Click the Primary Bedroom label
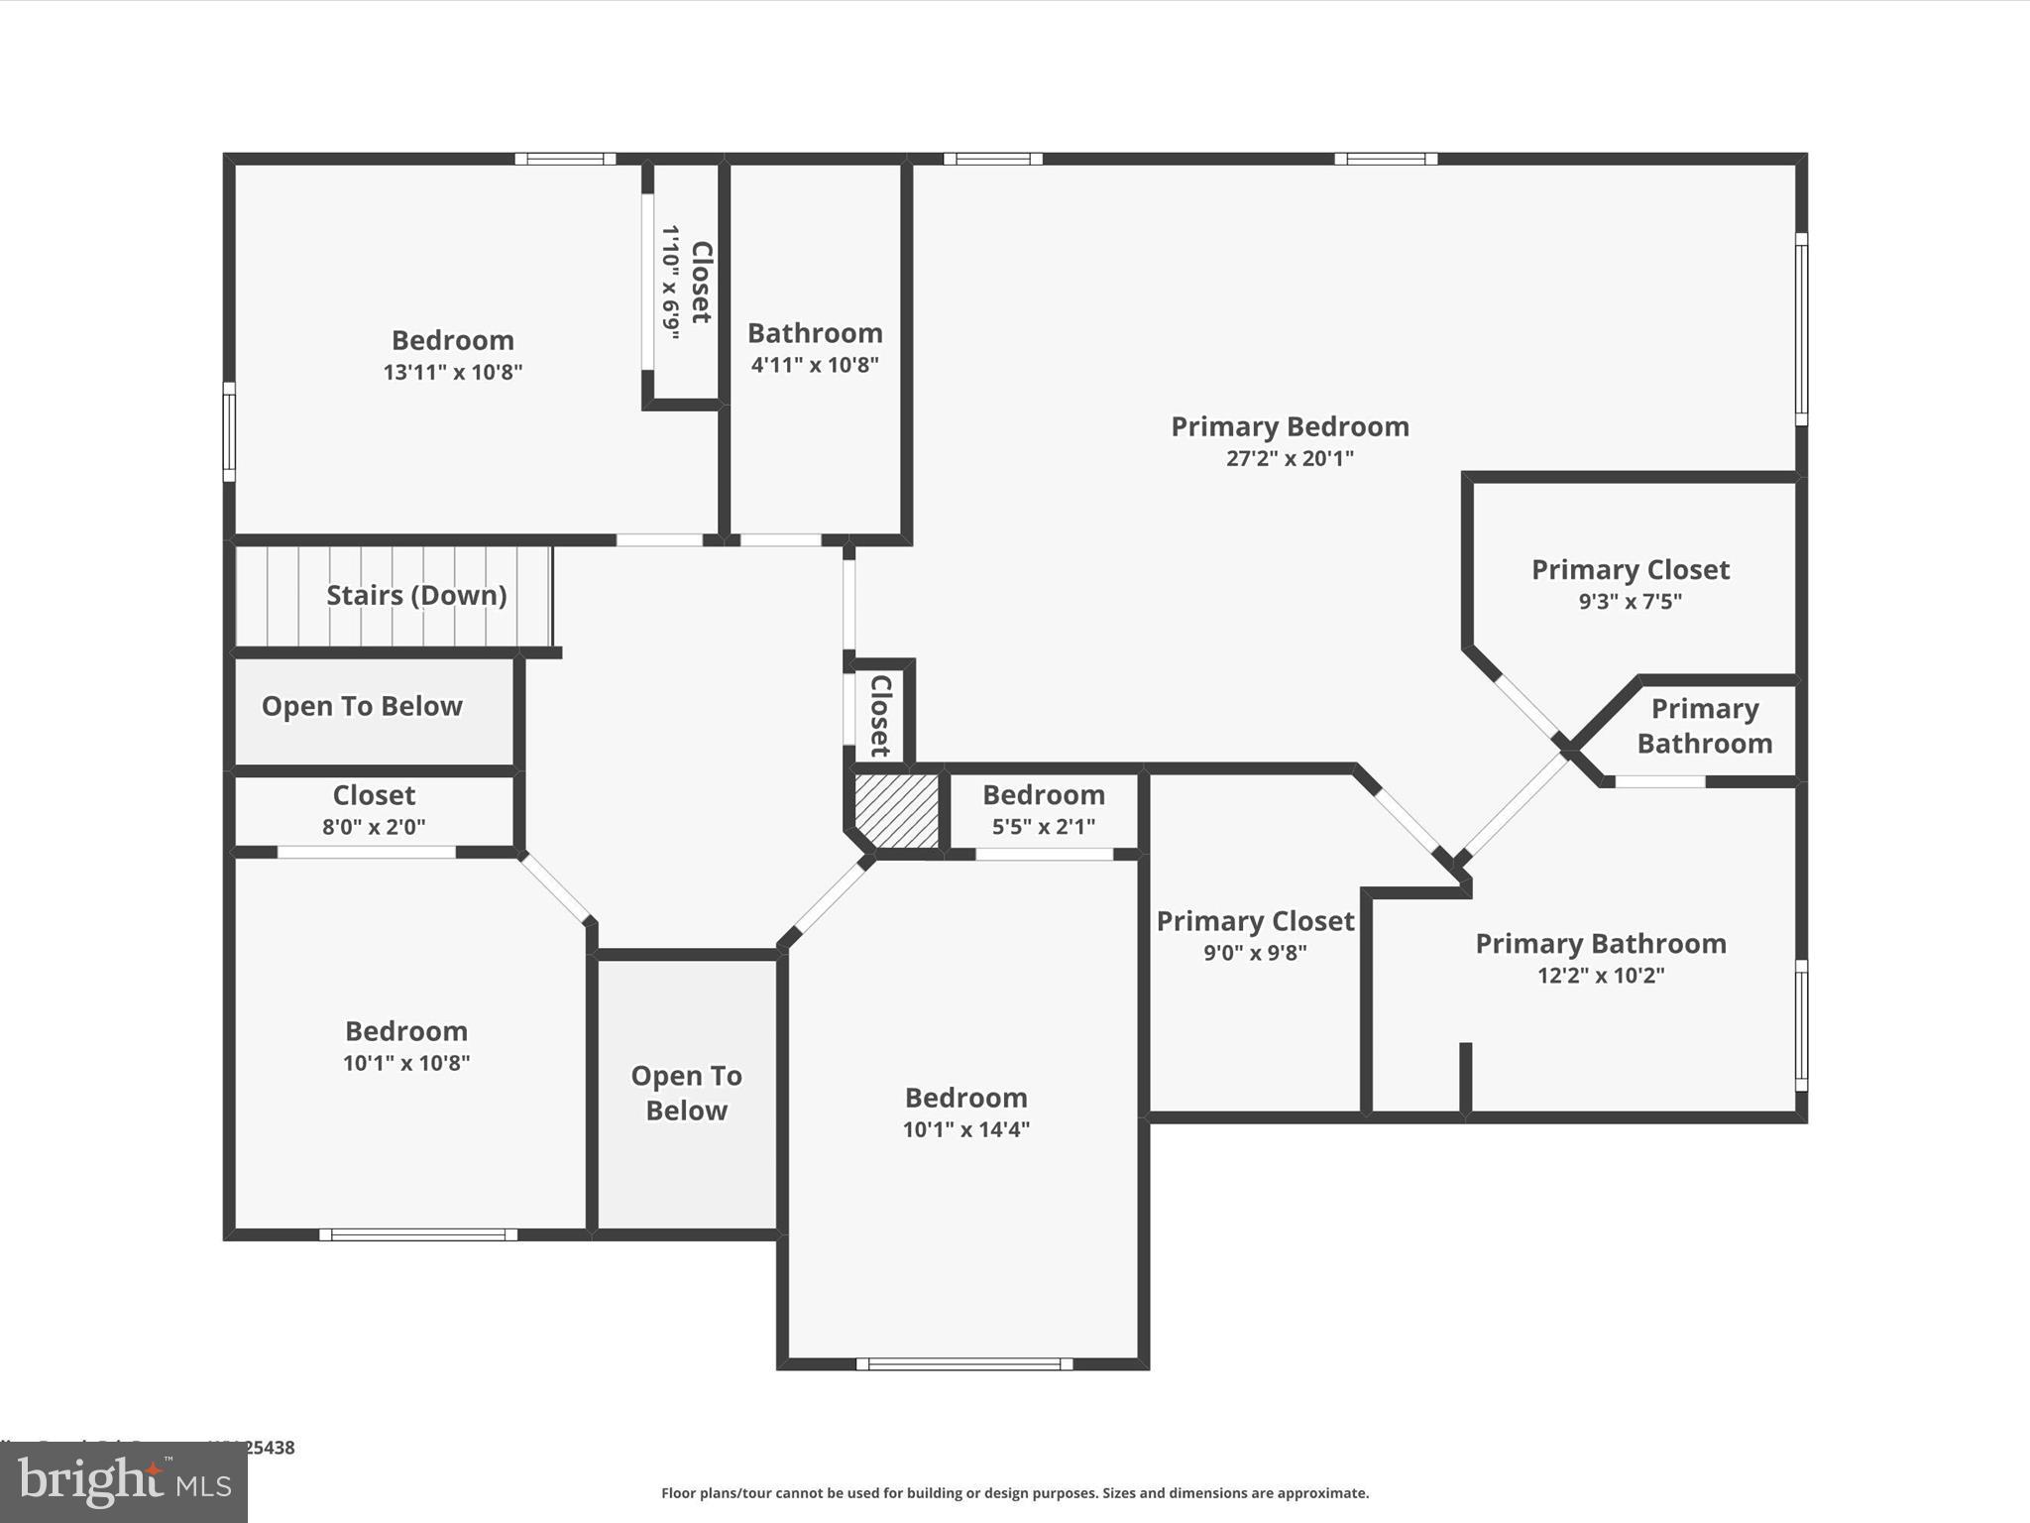(x=1290, y=426)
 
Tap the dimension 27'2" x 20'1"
(x=1290, y=458)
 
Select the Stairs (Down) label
(x=416, y=595)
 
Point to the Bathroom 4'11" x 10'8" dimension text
(x=815, y=365)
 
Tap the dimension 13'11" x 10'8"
(x=453, y=372)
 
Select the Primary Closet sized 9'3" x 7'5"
(x=1630, y=583)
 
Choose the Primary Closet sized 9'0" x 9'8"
(x=1255, y=935)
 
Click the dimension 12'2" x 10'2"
(x=1601, y=975)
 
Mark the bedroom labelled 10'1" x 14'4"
(x=966, y=1112)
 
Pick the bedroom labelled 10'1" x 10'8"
(x=406, y=1045)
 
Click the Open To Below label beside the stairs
(x=362, y=706)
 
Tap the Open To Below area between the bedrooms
(x=687, y=1093)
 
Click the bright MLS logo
(x=124, y=1482)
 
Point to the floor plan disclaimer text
(x=1015, y=1493)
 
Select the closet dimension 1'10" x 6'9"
(x=671, y=283)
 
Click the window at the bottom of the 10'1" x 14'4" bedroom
(x=964, y=1364)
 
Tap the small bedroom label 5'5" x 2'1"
(x=1044, y=826)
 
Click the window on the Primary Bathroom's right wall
(x=1801, y=1025)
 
